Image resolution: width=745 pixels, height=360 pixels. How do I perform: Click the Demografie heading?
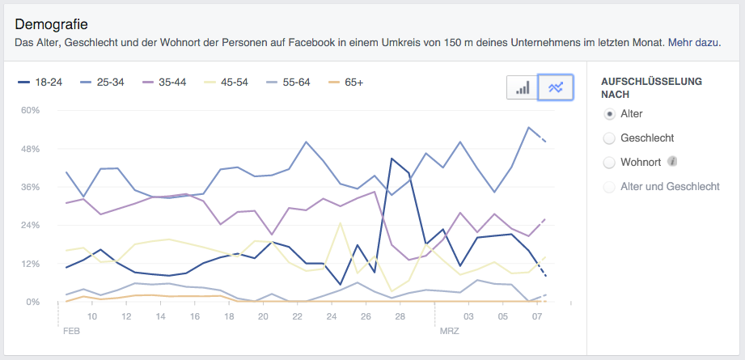[52, 25]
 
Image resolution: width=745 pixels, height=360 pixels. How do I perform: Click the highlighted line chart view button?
[556, 87]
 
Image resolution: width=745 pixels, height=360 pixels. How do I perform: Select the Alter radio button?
[610, 114]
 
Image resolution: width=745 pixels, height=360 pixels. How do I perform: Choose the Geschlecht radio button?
[610, 138]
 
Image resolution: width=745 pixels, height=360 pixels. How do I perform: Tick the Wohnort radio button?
[610, 163]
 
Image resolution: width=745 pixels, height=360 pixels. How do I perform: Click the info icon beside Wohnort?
[671, 162]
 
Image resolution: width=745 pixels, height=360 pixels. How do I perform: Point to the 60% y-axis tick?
[30, 110]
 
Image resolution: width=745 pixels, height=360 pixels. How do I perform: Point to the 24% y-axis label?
[30, 225]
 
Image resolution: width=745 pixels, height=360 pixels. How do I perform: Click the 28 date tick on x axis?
[400, 316]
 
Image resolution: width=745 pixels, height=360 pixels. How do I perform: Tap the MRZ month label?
[449, 332]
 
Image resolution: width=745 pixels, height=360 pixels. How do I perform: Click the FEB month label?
[70, 332]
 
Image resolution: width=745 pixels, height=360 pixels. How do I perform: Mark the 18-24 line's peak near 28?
[392, 159]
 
